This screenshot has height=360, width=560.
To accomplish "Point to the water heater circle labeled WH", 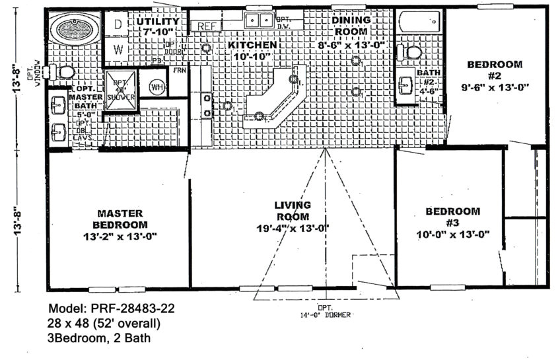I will pos(157,87).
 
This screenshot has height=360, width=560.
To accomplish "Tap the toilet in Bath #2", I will pos(413,52).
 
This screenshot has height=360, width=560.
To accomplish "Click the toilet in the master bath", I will pos(64,72).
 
